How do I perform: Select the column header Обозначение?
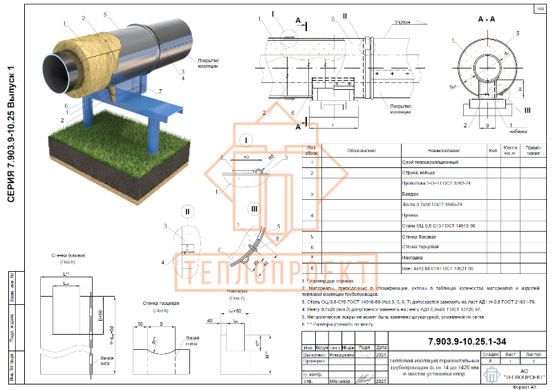361,150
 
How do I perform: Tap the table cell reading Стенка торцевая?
418,247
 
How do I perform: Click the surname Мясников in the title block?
328,381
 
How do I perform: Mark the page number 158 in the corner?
539,8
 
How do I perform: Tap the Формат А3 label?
528,386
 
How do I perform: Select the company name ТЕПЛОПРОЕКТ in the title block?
512,377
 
